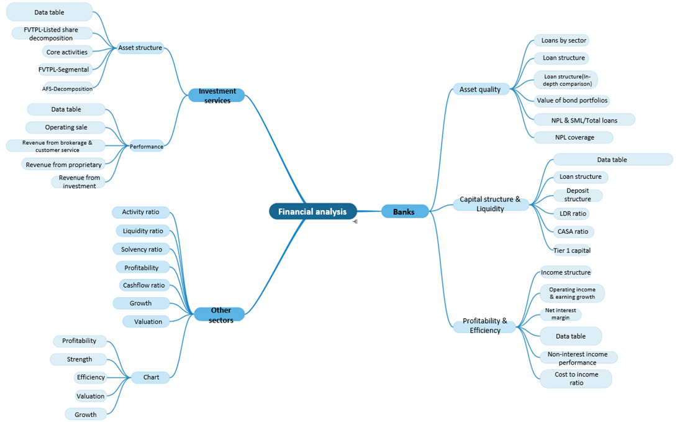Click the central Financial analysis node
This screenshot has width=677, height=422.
point(312,211)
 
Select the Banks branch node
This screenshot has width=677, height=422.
point(404,212)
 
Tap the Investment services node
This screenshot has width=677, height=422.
point(216,96)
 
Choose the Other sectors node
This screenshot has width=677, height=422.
point(220,314)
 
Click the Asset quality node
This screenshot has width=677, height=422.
point(480,89)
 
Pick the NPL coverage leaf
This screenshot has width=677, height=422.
point(574,137)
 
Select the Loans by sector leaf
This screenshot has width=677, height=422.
point(563,40)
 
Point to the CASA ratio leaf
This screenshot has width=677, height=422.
point(572,232)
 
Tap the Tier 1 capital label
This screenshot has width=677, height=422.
point(571,250)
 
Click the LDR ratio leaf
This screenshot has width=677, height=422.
point(570,214)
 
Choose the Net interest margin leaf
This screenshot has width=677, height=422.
point(560,314)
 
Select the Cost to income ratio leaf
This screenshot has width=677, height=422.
point(575,378)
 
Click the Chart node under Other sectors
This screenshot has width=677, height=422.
point(150,377)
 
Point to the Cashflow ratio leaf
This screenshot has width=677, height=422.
point(143,285)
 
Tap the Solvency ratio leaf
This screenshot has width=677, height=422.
point(142,249)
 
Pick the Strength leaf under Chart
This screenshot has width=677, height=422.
point(80,359)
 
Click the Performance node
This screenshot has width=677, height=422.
point(147,147)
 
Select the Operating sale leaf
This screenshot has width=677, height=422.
point(66,127)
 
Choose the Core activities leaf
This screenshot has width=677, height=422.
point(67,52)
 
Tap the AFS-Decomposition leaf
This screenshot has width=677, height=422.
point(68,88)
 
